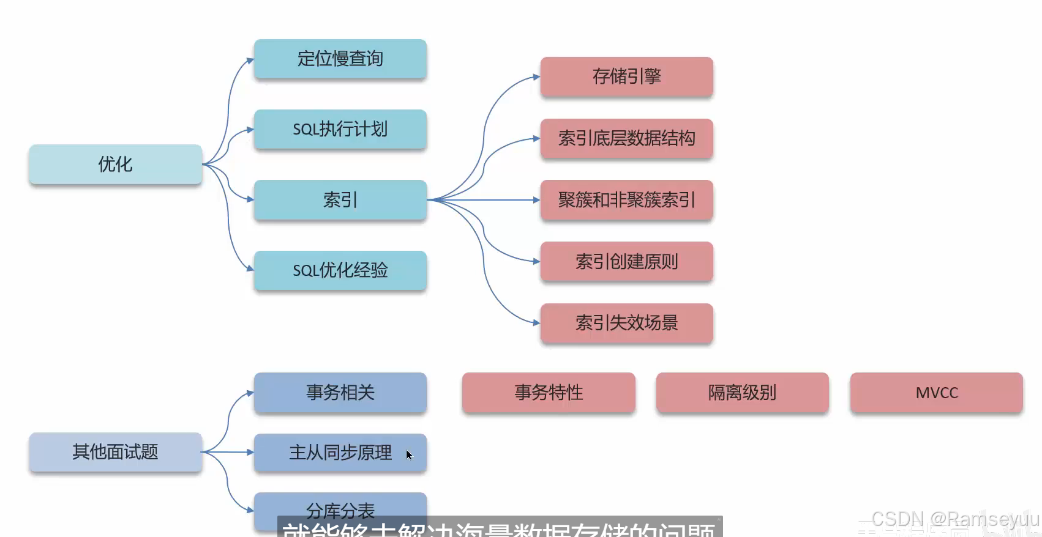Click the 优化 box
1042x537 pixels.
[x=115, y=164]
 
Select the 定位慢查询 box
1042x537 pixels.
[x=340, y=59]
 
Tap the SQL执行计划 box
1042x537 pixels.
[x=340, y=129]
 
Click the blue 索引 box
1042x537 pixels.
[x=340, y=199]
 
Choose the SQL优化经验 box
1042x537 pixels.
[x=340, y=270]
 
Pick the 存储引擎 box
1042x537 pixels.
[x=626, y=76]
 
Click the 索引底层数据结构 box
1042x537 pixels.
[x=626, y=138]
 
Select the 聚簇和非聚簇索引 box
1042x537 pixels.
[x=626, y=200]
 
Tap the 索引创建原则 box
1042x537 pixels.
[x=626, y=261]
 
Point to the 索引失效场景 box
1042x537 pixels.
[x=626, y=323]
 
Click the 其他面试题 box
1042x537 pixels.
[x=115, y=452]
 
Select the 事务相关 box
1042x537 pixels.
[x=340, y=392]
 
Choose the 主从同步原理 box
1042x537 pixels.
[x=340, y=453]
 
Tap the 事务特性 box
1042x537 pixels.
[x=549, y=392]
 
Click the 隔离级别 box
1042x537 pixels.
[x=742, y=392]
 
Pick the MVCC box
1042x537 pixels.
[x=936, y=392]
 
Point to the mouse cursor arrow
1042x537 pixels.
[x=409, y=454]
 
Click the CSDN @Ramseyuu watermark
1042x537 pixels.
[x=955, y=519]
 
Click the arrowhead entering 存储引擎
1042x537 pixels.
[x=536, y=77]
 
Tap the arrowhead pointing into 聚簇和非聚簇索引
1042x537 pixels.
[x=536, y=200]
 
